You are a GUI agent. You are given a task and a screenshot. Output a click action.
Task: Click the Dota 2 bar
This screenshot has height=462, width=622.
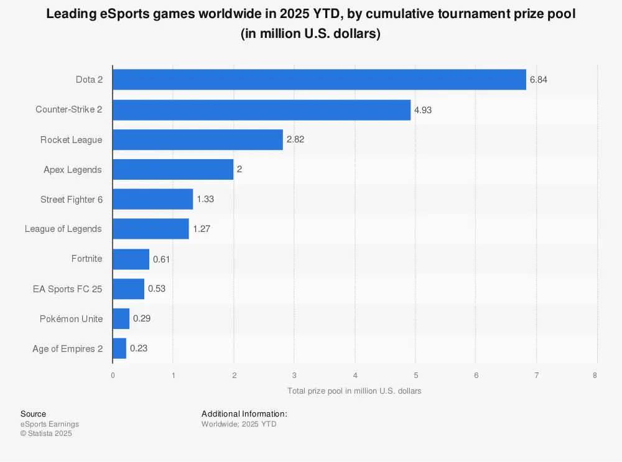(319, 80)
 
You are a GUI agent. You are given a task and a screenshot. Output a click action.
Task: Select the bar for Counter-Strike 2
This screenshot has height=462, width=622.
(261, 110)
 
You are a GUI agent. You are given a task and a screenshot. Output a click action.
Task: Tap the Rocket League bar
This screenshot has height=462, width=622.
(197, 140)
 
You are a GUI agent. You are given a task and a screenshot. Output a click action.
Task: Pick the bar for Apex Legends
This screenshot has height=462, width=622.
(173, 169)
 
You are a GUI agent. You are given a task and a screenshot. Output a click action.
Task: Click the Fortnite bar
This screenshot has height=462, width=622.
(131, 259)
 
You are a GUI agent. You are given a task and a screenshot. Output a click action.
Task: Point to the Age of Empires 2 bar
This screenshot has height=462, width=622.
(119, 349)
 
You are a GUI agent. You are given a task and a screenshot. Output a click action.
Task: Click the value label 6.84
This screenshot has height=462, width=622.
(539, 80)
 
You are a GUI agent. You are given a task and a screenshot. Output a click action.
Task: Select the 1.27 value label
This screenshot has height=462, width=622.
(202, 229)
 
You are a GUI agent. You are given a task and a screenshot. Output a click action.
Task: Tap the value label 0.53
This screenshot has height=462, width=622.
(157, 289)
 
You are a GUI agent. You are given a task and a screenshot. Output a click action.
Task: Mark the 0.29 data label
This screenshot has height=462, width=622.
(142, 319)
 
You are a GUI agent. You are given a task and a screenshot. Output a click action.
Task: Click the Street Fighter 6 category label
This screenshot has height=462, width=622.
(71, 200)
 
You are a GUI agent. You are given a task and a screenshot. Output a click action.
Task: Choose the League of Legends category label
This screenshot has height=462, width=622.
(63, 229)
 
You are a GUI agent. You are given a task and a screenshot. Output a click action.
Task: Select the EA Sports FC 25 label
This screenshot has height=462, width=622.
(67, 289)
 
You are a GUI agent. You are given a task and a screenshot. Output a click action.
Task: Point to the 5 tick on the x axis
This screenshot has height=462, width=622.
(415, 375)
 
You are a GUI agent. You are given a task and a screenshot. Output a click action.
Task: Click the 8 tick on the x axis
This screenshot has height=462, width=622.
(595, 375)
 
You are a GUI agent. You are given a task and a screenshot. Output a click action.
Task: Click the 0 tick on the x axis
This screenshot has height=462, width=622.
(113, 375)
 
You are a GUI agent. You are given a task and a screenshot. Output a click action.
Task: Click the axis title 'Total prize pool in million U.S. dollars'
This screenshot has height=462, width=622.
(355, 391)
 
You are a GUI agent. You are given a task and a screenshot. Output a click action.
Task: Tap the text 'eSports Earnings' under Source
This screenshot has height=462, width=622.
(50, 424)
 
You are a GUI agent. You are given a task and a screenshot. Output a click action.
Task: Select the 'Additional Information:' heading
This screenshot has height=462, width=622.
(244, 413)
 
